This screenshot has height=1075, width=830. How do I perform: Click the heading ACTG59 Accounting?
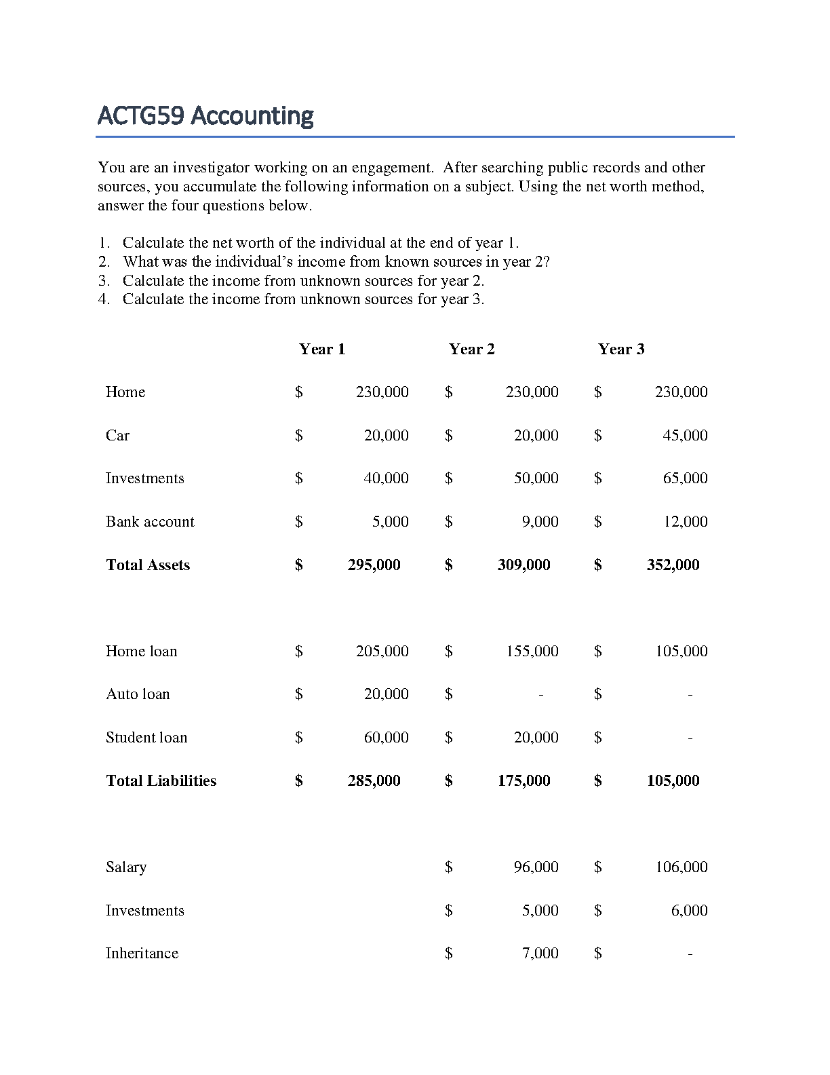[205, 116]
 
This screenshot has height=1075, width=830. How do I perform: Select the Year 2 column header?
[472, 350]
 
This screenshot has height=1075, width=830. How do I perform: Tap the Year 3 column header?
[621, 350]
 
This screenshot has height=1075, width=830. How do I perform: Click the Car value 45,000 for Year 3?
[685, 436]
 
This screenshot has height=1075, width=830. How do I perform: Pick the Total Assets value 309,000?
[523, 565]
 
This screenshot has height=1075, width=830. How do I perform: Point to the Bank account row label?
[150, 522]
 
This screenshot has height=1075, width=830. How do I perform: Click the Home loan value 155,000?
[532, 652]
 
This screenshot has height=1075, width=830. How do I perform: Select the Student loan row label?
[146, 738]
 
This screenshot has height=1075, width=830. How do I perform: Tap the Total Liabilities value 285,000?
[374, 781]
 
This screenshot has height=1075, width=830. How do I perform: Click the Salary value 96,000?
[536, 867]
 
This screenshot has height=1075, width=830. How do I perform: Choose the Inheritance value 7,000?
[540, 954]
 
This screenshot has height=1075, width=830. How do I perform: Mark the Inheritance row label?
[142, 954]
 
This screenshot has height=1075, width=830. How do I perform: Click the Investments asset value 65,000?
[685, 478]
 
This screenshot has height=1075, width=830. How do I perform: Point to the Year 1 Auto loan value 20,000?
[386, 694]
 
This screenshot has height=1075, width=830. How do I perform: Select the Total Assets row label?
[148, 565]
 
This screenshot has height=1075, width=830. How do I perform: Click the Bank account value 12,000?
[685, 522]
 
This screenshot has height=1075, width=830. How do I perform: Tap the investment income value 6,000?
[689, 911]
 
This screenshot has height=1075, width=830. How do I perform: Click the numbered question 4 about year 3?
[303, 299]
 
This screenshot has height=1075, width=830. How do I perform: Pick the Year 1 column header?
[322, 350]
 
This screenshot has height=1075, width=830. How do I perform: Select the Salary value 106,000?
[681, 867]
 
